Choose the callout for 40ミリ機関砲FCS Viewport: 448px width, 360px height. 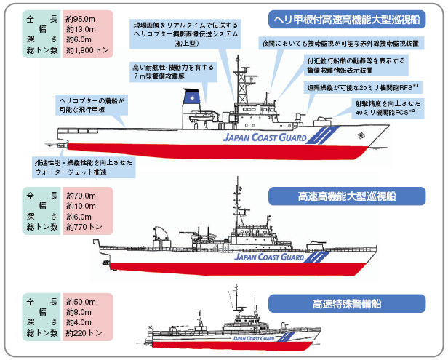coord(388,108)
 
